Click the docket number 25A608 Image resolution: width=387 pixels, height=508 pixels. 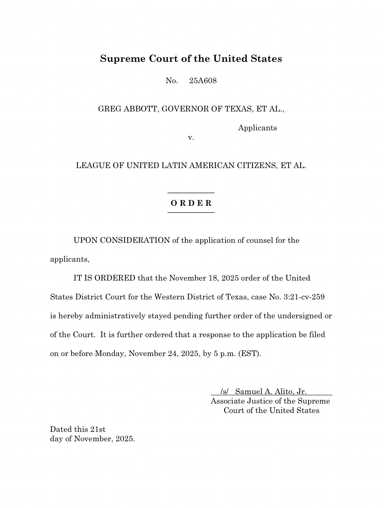203,81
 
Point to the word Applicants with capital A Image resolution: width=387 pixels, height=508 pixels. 257,128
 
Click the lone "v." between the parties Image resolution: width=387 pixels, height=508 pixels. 191,138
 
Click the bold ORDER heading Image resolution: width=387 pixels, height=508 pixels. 191,203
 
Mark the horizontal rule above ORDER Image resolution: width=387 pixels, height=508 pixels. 191,193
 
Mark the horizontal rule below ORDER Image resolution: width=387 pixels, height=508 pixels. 191,212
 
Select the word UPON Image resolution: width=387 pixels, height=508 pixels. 85,240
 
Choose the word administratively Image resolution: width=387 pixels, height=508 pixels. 115,316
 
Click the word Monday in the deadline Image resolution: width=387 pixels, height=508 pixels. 110,354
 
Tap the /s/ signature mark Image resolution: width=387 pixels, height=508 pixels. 224,391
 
